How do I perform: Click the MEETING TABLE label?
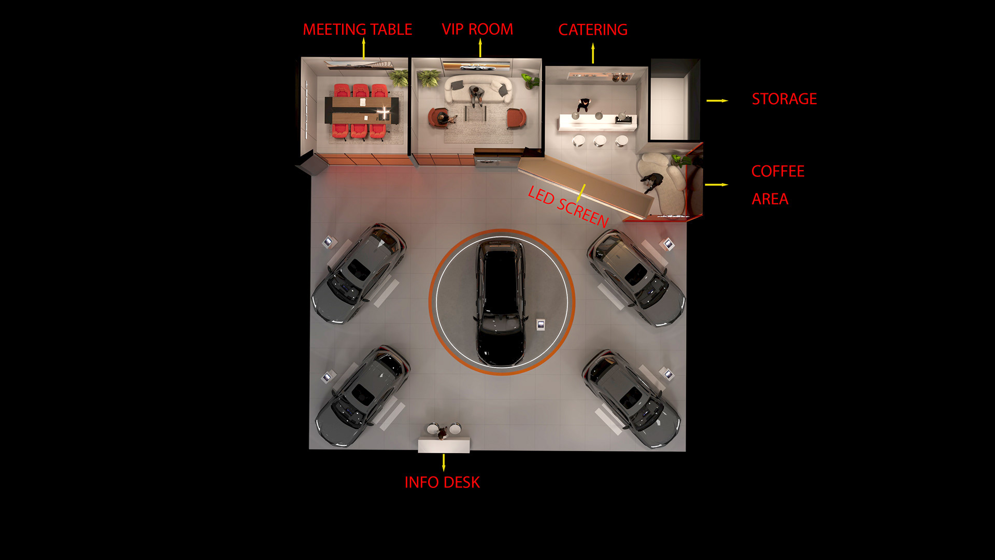358,30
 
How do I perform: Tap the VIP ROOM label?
477,30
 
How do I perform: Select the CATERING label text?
593,30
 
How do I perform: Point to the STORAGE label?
784,99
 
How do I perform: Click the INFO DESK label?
442,482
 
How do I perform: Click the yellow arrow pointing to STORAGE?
717,101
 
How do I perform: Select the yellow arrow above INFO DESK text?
444,463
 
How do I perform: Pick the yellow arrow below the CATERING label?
593,53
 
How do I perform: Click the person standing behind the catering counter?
584,105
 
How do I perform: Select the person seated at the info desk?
443,432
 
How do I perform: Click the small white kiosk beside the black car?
541,325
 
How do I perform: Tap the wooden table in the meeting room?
361,110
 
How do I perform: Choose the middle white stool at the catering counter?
600,141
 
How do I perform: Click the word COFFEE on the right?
778,172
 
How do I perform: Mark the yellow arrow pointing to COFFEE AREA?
716,185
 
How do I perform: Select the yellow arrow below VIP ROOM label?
480,48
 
